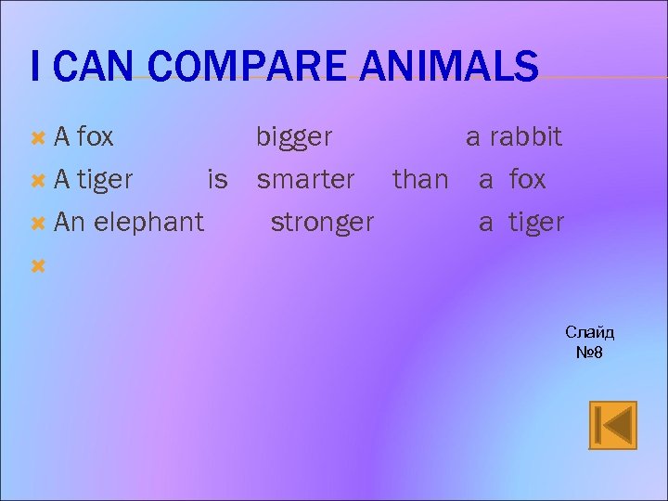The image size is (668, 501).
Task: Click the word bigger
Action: (x=294, y=138)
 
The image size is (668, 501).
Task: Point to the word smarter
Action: (x=305, y=179)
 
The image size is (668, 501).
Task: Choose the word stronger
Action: (x=322, y=223)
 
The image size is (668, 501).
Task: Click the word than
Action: (x=420, y=179)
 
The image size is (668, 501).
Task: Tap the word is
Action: (x=217, y=179)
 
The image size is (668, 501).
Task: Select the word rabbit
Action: (x=526, y=137)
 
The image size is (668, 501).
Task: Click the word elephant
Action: (x=148, y=223)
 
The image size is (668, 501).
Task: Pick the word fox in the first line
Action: (x=95, y=137)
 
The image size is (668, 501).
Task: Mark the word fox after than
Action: (x=527, y=179)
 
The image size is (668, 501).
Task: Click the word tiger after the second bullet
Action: (x=105, y=179)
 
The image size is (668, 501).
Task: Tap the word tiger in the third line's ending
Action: (x=535, y=223)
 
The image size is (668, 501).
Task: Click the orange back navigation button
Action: (x=613, y=425)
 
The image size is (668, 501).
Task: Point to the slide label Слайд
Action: (x=590, y=332)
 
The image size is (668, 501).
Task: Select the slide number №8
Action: (x=589, y=352)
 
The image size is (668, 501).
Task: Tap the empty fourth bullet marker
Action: (x=38, y=266)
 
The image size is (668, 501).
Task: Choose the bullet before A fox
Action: (x=38, y=138)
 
